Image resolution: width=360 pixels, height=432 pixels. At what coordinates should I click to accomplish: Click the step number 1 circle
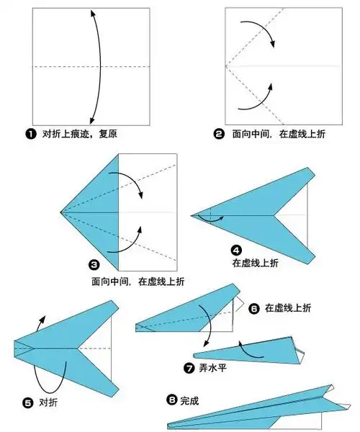click(x=30, y=134)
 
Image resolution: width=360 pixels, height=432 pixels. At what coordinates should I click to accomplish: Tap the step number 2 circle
click(x=219, y=134)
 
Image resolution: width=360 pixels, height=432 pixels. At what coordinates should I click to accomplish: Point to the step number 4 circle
click(x=235, y=250)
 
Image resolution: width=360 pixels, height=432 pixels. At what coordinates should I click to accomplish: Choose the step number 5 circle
click(x=28, y=402)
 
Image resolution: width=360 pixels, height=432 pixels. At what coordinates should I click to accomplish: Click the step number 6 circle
click(x=253, y=308)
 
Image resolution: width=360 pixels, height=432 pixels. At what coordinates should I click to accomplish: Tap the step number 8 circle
click(x=171, y=398)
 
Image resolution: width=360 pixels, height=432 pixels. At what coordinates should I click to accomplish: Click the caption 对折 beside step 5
click(x=48, y=402)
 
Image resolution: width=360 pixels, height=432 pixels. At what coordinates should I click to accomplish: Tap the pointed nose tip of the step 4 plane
click(x=192, y=214)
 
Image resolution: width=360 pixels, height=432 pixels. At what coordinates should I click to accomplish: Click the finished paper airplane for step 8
click(x=252, y=413)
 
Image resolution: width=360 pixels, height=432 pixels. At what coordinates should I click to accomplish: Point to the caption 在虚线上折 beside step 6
click(x=288, y=308)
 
